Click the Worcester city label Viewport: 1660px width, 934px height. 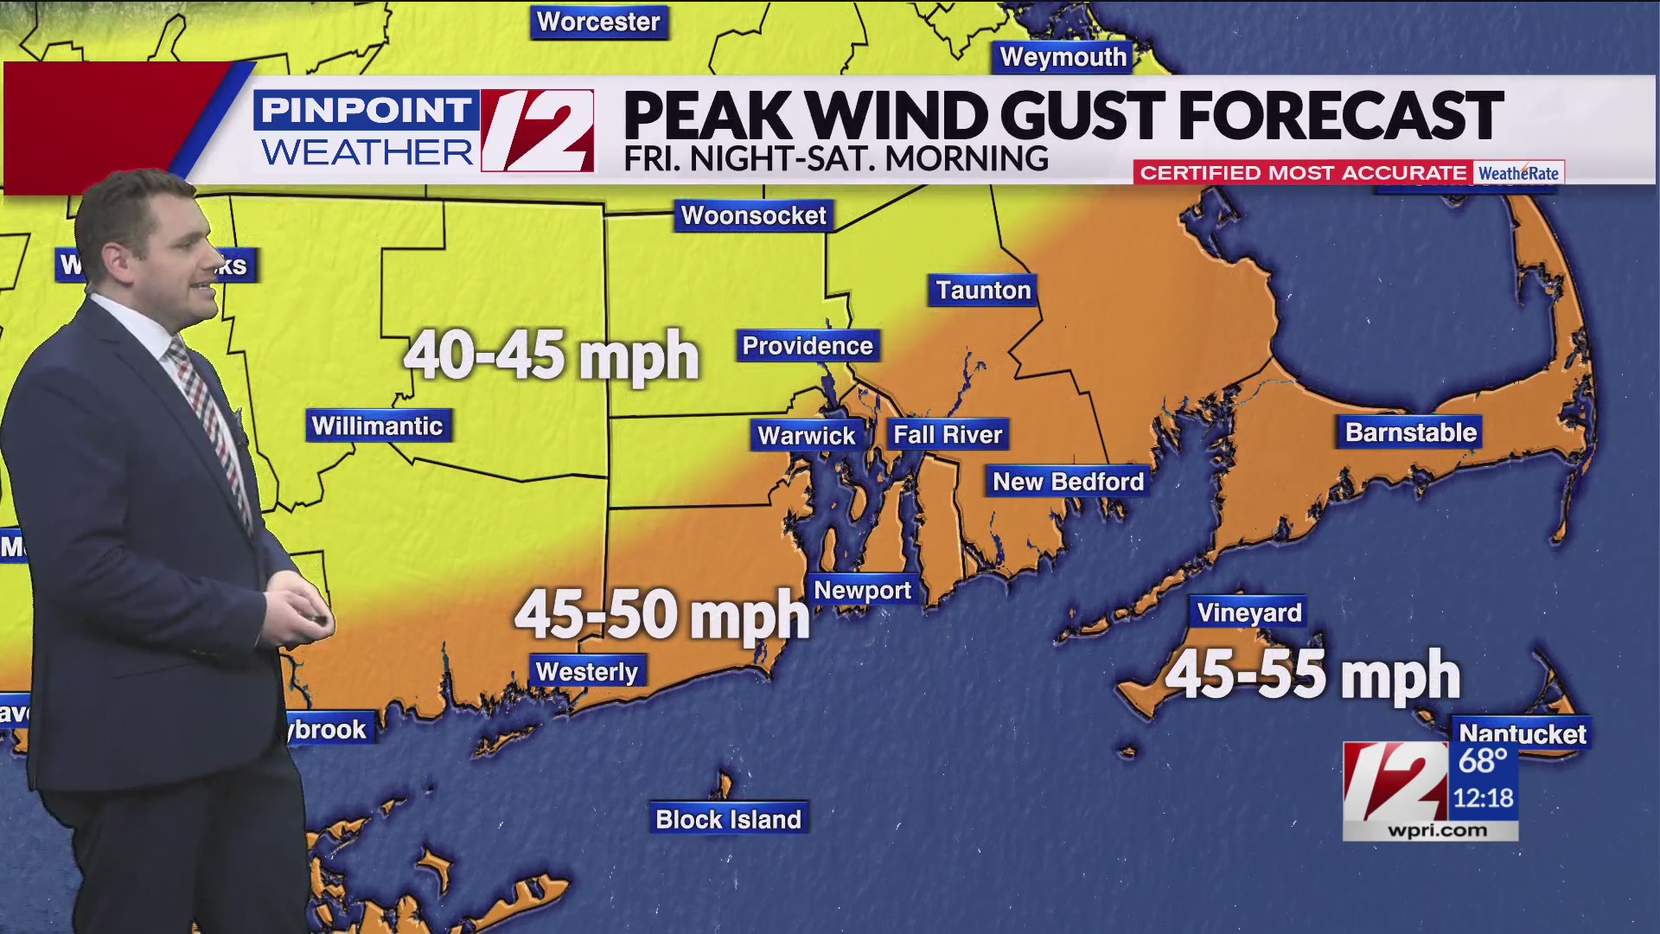point(598,22)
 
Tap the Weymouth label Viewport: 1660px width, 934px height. point(1063,57)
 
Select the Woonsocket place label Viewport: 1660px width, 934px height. point(753,215)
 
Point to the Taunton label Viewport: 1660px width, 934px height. point(983,290)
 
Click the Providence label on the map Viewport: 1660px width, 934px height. point(808,346)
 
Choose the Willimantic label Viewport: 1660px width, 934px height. point(378,425)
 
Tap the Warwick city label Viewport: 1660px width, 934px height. point(806,435)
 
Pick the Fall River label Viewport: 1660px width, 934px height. point(948,434)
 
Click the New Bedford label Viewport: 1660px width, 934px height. point(1068,482)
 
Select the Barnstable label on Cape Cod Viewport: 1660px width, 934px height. point(1411,432)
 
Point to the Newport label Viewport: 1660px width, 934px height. point(862,590)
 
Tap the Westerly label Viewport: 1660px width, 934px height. point(587,671)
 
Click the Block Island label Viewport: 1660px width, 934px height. point(728,819)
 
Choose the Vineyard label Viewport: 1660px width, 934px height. point(1248,612)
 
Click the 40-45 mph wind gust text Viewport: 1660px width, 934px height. point(552,355)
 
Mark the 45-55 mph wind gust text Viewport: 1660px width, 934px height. point(1312,675)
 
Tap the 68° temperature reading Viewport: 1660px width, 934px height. point(1482,761)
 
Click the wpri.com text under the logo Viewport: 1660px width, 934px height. point(1437,830)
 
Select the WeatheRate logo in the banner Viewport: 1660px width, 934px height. point(1518,173)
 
